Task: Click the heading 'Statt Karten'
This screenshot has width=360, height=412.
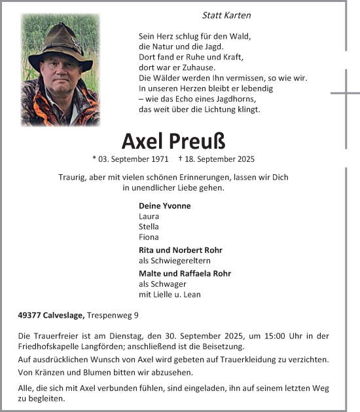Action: tap(227, 15)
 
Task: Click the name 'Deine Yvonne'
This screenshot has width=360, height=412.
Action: tap(165, 206)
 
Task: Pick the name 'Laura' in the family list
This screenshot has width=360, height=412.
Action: tap(149, 216)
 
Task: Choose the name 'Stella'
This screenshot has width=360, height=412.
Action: tap(149, 227)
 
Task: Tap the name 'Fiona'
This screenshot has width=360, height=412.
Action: tap(149, 237)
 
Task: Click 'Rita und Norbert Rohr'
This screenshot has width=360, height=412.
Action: tap(181, 250)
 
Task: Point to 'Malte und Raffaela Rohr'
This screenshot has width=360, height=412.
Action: tap(185, 273)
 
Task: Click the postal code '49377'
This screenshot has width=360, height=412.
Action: tap(29, 315)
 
